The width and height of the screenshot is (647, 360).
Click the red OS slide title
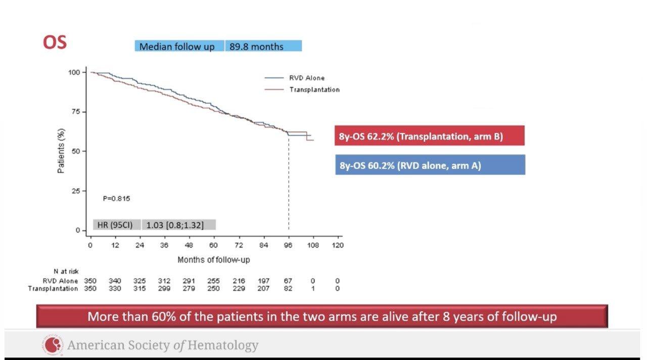[x=55, y=42]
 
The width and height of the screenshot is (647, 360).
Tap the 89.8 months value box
[x=263, y=47]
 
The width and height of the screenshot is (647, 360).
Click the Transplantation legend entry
[x=314, y=89]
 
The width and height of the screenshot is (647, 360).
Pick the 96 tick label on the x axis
[x=288, y=245]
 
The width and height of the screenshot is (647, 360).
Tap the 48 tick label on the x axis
[x=189, y=245]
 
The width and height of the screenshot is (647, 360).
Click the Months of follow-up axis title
[x=213, y=260]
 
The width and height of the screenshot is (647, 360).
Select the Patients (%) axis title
[x=61, y=151]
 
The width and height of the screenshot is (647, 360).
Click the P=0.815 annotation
[x=116, y=199]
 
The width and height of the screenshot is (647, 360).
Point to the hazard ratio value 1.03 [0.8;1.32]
[x=175, y=225]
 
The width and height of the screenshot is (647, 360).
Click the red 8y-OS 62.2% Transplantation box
[x=430, y=136]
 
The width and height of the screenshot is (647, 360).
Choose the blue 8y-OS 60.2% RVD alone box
[x=430, y=165]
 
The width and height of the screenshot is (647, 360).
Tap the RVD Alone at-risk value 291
[x=189, y=281]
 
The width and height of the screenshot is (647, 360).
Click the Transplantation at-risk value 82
[x=288, y=288]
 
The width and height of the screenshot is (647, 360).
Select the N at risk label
[x=66, y=272]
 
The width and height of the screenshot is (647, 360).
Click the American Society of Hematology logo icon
[x=52, y=345]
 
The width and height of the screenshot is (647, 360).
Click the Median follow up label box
[x=177, y=47]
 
